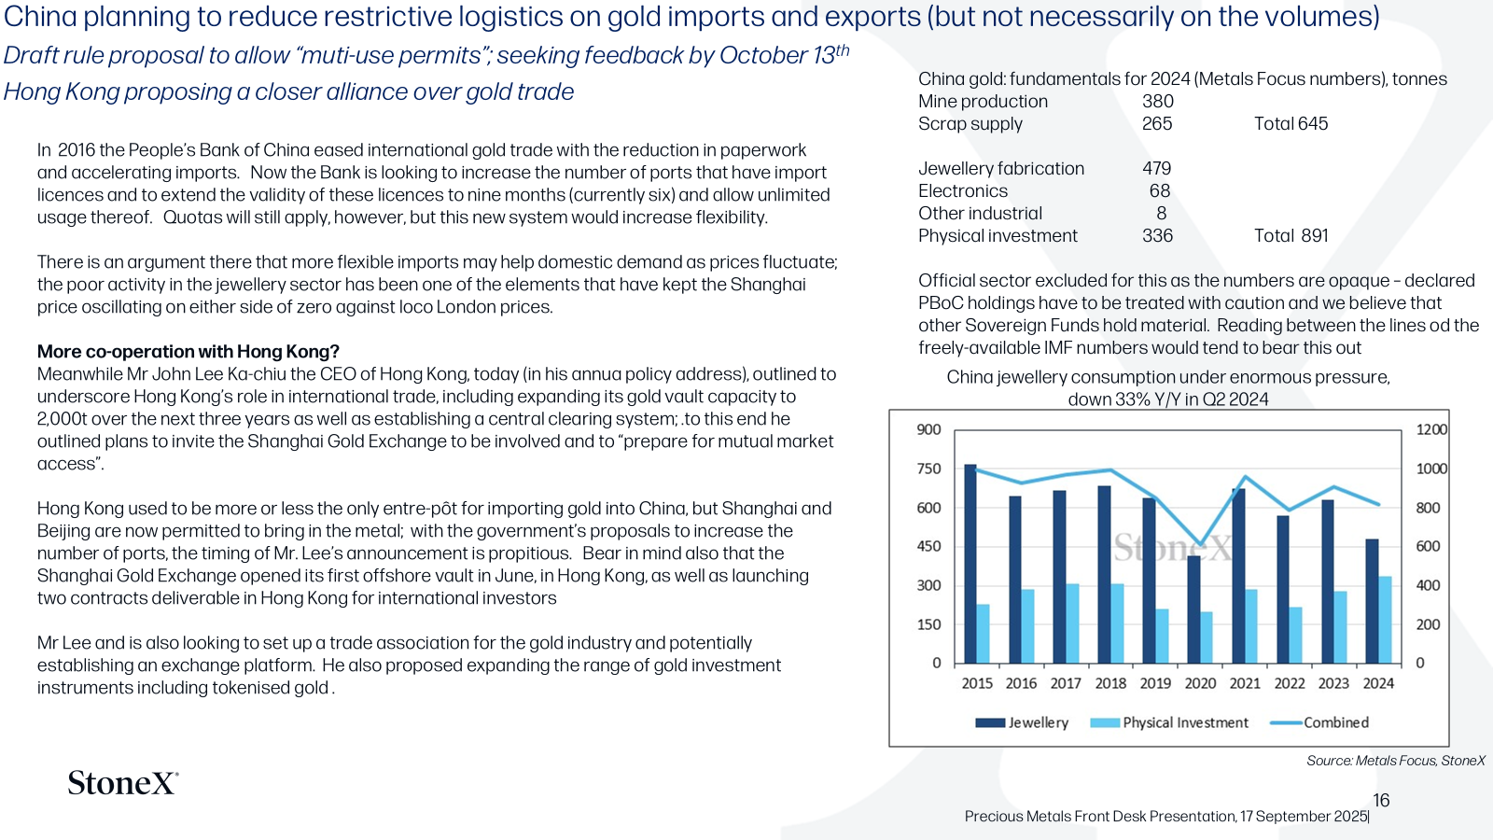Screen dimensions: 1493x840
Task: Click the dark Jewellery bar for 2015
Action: [970, 564]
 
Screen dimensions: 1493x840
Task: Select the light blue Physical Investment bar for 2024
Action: [1385, 620]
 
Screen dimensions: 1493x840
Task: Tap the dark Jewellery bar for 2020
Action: [1193, 609]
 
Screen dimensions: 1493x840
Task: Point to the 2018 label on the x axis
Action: [1110, 683]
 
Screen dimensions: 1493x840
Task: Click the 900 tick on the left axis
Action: [928, 429]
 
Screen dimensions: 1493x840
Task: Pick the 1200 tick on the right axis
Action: [1431, 429]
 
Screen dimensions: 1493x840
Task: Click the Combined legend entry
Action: [1319, 722]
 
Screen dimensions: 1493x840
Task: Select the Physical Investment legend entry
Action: [1169, 722]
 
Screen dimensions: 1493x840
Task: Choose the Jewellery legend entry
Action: [1022, 722]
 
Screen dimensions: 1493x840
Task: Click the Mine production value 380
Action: [1158, 102]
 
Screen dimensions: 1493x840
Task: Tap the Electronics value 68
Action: [1160, 190]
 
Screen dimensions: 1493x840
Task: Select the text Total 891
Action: [1291, 235]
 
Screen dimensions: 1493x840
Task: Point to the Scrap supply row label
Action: [970, 124]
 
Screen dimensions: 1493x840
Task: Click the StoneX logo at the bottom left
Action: [123, 783]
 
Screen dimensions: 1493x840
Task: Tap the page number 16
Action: [1381, 800]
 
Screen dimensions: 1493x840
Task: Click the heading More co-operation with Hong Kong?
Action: [188, 351]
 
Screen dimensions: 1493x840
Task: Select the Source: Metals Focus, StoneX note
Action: [1396, 761]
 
